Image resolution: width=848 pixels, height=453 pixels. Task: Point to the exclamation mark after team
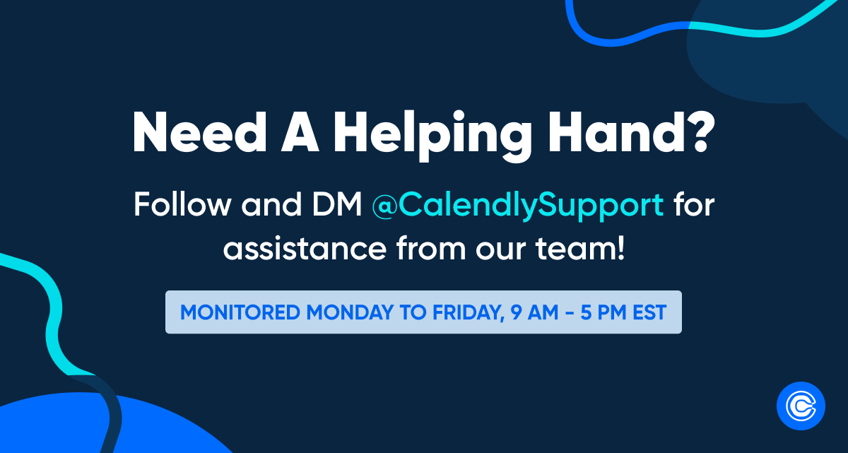(620, 249)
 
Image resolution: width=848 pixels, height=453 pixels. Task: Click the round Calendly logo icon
(801, 406)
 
